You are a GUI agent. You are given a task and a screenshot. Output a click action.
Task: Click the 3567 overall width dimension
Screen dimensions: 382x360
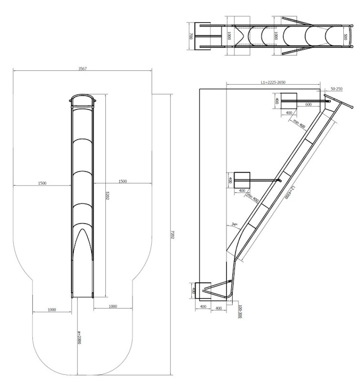pos(82,68)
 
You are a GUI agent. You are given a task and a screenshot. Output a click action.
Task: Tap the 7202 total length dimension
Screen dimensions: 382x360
pos(173,235)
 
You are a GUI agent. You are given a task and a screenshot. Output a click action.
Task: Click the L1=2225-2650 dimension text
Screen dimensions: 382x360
pos(273,82)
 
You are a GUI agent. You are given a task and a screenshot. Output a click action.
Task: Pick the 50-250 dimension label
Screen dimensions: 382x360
pos(336,89)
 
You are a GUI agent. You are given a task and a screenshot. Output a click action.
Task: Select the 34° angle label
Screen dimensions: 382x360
pos(234,224)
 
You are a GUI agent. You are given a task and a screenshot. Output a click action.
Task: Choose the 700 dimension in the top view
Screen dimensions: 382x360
pos(191,36)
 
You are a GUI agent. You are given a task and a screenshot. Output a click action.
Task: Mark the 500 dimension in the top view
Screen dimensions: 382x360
pos(345,36)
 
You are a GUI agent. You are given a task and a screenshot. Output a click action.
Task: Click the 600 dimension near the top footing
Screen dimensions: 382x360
pos(308,105)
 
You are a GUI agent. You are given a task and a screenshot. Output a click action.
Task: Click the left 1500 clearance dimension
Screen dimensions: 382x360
pos(42,183)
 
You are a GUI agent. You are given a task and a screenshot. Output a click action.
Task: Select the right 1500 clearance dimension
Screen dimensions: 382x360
pos(122,181)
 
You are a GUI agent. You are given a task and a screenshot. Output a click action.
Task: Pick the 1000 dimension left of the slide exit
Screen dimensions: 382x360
pos(52,310)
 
